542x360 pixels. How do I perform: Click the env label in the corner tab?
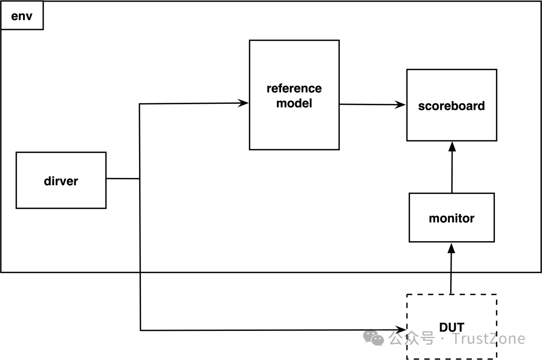coord(22,15)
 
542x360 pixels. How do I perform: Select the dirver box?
coord(61,181)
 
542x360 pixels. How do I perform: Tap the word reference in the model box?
coord(294,89)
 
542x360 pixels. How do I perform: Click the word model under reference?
coord(294,104)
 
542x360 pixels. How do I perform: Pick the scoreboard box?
coord(451,106)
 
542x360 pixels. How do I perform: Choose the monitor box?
coord(451,218)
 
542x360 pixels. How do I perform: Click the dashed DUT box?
coord(451,327)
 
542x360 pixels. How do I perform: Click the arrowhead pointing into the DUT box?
coord(401,330)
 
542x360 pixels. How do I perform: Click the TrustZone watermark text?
coord(489,339)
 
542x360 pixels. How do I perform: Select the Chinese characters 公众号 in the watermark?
coord(412,338)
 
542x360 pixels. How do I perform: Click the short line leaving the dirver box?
coord(122,178)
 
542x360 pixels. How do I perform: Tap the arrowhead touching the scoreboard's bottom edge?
coord(452,146)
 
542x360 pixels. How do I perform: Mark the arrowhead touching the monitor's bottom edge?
coord(451,247)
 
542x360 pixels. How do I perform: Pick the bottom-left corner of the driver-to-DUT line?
coord(141,330)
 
